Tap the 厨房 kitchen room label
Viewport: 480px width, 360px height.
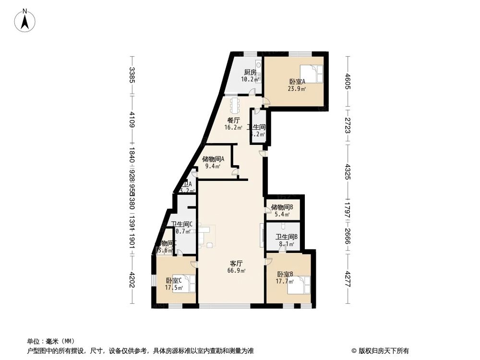pyautogui.click(x=250, y=72)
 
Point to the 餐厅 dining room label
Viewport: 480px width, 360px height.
pyautogui.click(x=233, y=120)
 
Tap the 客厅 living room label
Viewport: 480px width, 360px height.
pyautogui.click(x=236, y=264)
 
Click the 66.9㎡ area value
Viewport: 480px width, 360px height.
pyautogui.click(x=236, y=271)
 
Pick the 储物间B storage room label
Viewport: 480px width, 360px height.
pyautogui.click(x=282, y=207)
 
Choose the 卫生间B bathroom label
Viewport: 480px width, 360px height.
pyautogui.click(x=287, y=236)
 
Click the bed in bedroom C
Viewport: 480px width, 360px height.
pyautogui.click(x=188, y=283)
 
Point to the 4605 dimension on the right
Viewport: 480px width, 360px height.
pyautogui.click(x=349, y=80)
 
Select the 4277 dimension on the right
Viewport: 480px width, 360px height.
pyautogui.click(x=349, y=278)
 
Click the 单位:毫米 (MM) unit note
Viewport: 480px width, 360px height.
pyautogui.click(x=48, y=341)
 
